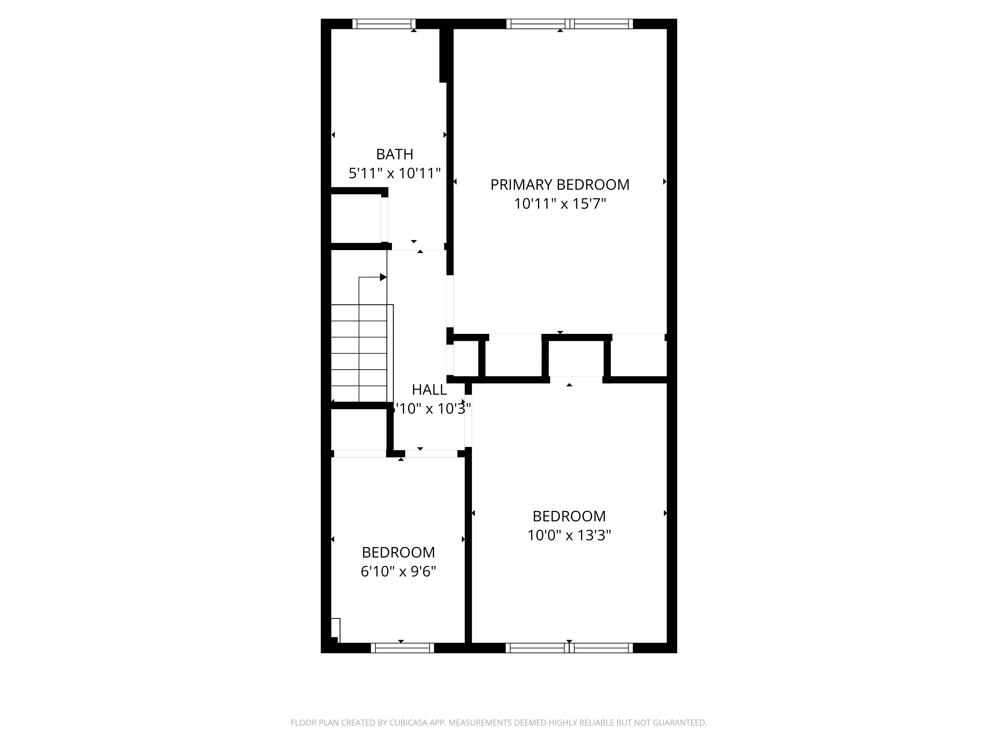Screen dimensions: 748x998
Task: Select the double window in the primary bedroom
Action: pos(569,24)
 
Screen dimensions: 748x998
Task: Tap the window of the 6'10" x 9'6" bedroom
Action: pos(402,648)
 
